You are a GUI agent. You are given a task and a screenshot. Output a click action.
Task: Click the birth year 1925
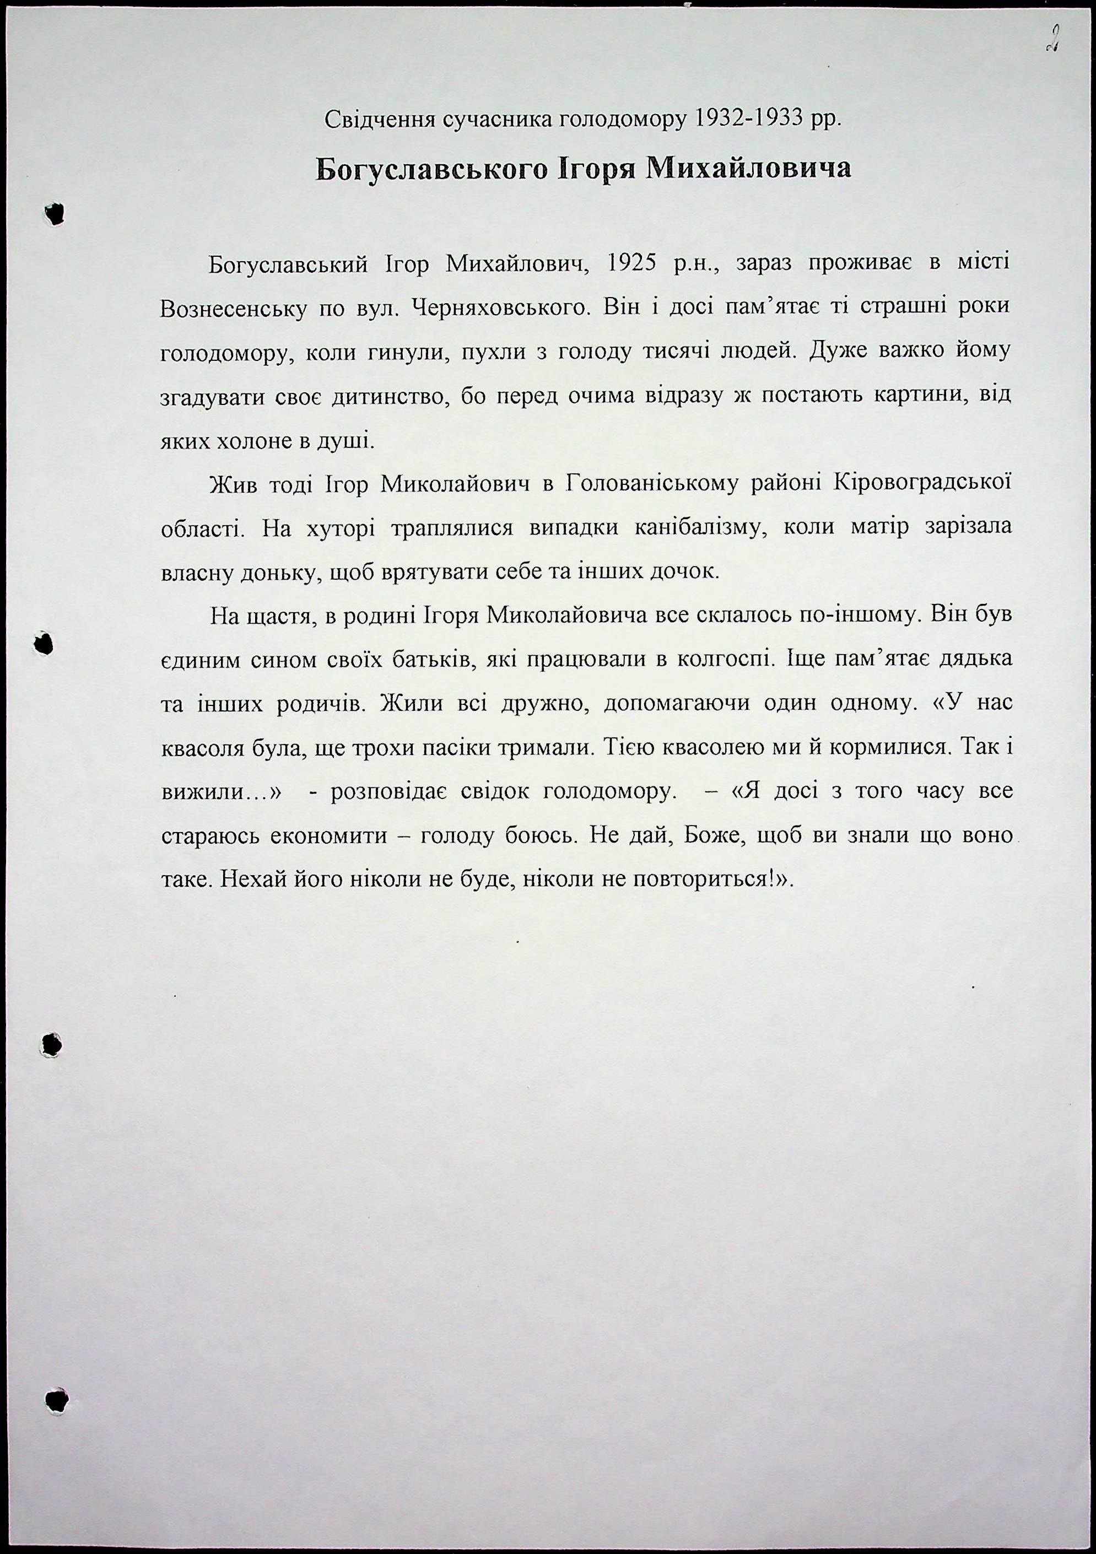[x=631, y=263]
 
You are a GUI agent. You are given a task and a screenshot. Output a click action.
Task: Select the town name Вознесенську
[x=232, y=309]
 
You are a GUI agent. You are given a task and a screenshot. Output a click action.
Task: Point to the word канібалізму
[x=699, y=527]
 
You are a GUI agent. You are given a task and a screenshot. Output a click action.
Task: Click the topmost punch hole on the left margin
[x=53, y=214]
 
